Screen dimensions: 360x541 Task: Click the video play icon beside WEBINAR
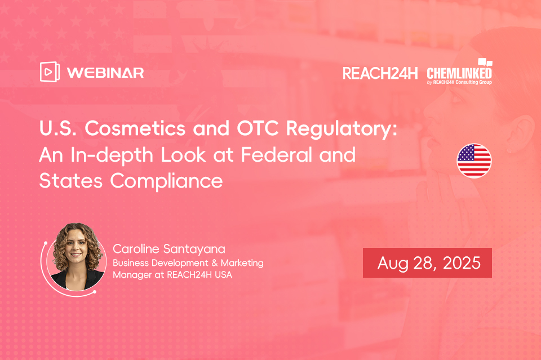(x=50, y=72)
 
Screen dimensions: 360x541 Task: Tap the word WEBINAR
(x=105, y=73)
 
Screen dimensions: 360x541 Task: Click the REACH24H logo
(x=380, y=73)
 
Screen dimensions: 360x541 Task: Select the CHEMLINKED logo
(x=459, y=73)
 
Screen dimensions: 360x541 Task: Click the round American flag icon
(x=474, y=161)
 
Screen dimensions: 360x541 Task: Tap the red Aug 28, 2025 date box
(x=427, y=263)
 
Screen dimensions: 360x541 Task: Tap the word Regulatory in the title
(x=342, y=130)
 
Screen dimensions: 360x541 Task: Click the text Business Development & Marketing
(x=188, y=263)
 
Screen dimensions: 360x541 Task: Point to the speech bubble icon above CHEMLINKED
(x=485, y=63)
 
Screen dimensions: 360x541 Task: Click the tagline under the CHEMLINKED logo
(x=459, y=82)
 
